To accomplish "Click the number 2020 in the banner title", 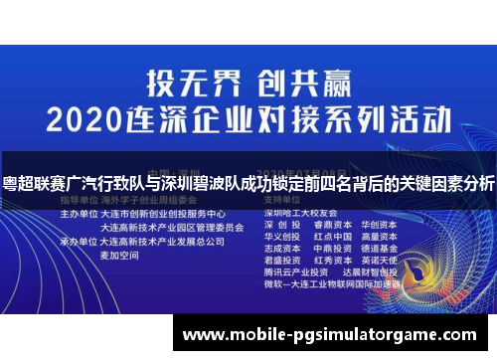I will point(93,119).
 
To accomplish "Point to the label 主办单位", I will point(81,214).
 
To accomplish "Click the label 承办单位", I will point(81,240).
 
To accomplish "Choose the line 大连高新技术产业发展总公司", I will point(165,240).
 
